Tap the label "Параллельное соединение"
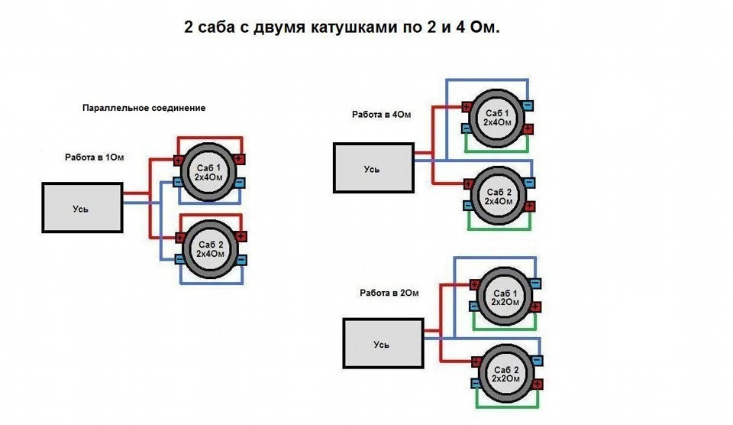(x=144, y=108)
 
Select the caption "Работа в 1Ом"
(x=95, y=157)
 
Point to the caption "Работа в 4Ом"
(x=382, y=114)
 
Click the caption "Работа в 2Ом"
(x=389, y=293)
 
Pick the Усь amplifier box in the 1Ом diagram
(x=82, y=208)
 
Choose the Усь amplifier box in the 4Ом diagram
(x=373, y=168)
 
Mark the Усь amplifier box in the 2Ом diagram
(x=383, y=343)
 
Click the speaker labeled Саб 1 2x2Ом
(x=505, y=297)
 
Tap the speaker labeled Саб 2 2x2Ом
(x=505, y=374)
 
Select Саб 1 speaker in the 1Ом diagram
(x=208, y=172)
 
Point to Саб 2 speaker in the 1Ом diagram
(x=210, y=249)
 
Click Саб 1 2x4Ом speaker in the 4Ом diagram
(x=497, y=118)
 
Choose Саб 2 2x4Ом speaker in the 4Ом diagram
(x=499, y=196)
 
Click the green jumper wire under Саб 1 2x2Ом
(x=505, y=329)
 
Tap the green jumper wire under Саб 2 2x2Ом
(x=507, y=407)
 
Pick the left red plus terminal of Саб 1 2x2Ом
(x=474, y=284)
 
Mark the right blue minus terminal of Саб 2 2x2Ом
(x=537, y=360)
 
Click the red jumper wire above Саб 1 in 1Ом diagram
(x=210, y=138)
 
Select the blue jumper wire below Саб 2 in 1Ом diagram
(x=212, y=283)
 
